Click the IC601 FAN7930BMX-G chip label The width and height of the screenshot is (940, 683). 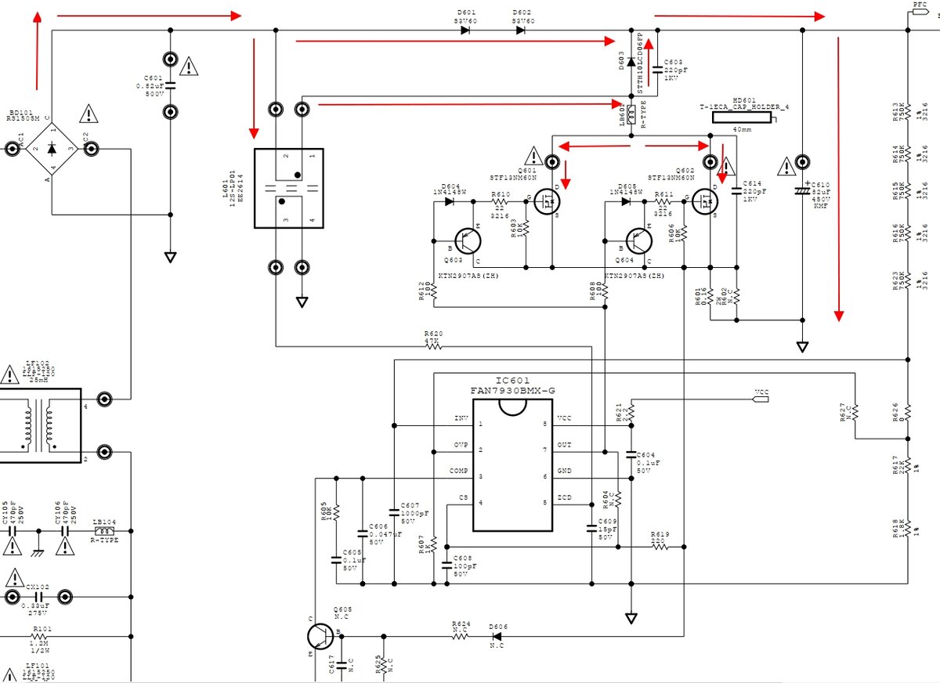click(513, 384)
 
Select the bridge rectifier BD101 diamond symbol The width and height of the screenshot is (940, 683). click(52, 148)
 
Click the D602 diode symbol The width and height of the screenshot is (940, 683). click(522, 31)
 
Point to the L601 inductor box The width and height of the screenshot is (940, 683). click(288, 188)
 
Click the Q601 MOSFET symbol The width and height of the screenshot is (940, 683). click(545, 202)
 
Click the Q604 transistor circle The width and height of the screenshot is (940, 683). click(639, 241)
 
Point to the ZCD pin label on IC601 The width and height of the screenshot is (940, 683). click(563, 498)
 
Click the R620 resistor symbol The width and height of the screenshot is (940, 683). click(432, 345)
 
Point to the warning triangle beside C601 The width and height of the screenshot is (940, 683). click(189, 66)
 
